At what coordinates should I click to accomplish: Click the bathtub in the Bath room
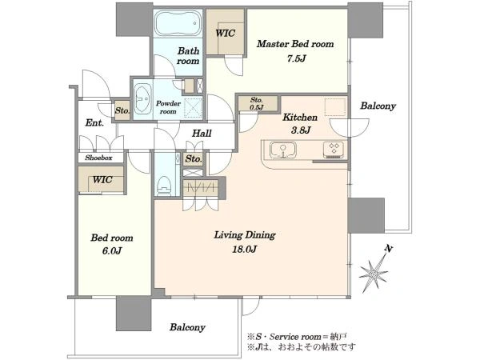(x=178, y=23)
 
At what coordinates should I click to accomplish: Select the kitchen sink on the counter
(x=282, y=150)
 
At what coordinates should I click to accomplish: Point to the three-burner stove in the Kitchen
(x=334, y=150)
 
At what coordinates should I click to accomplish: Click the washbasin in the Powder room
(x=142, y=99)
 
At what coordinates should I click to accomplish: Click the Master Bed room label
(x=295, y=44)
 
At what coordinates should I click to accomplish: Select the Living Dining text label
(x=245, y=235)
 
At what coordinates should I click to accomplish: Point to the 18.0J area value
(x=244, y=250)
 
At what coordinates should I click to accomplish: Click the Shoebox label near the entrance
(x=98, y=158)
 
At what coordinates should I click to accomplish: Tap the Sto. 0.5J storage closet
(x=258, y=103)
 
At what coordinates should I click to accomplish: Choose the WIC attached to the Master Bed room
(x=226, y=32)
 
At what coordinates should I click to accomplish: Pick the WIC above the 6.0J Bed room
(x=101, y=180)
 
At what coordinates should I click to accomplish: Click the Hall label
(x=202, y=134)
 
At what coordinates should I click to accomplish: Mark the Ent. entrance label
(x=94, y=123)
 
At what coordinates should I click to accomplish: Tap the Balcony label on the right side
(x=378, y=106)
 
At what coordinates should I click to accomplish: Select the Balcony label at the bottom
(x=187, y=327)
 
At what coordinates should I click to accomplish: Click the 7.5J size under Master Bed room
(x=296, y=58)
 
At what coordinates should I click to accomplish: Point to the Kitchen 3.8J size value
(x=301, y=130)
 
